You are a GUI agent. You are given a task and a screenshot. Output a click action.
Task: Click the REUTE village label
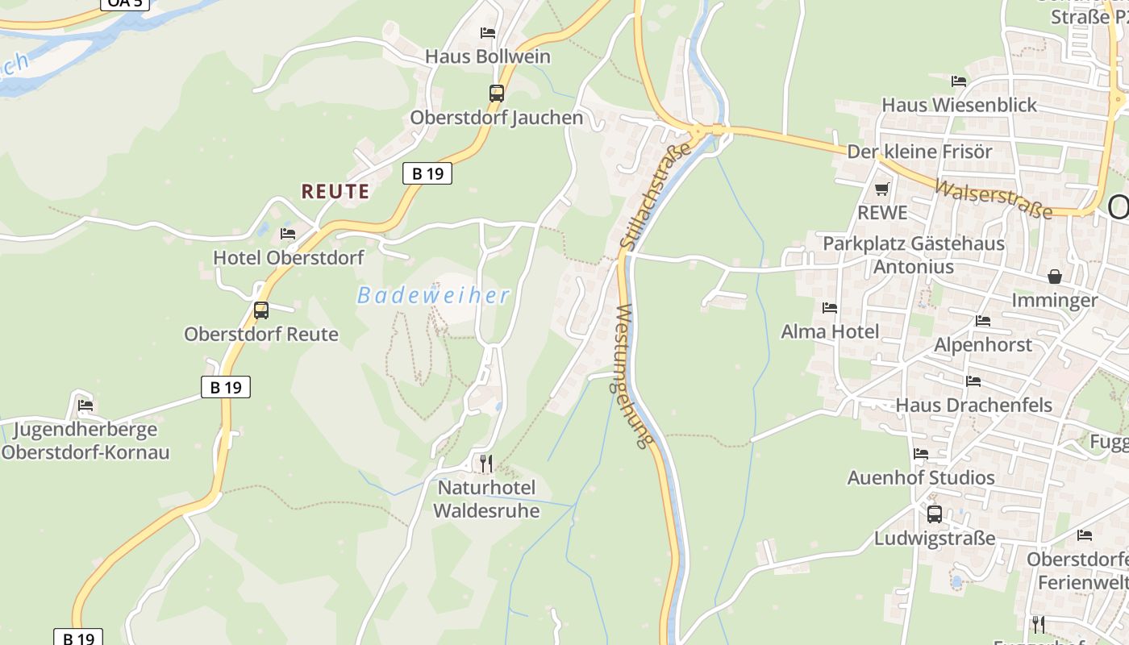click(x=335, y=192)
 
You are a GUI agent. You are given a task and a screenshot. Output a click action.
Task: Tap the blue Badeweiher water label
click(x=434, y=296)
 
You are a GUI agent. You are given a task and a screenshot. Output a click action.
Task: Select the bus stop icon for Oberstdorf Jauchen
click(x=496, y=94)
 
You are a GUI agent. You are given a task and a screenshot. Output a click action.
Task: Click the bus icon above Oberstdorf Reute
click(x=260, y=310)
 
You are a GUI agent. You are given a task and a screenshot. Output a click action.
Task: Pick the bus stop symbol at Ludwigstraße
click(x=934, y=514)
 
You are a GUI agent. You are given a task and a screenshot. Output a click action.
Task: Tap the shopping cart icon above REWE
click(x=881, y=189)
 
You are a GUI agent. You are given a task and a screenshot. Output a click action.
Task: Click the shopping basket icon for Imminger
click(x=1054, y=277)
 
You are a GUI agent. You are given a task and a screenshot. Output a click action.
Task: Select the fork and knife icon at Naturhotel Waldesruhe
click(x=485, y=464)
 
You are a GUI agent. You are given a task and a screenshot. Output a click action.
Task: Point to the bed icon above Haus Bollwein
click(x=487, y=33)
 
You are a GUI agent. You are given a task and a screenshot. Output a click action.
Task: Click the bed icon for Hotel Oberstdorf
click(x=287, y=234)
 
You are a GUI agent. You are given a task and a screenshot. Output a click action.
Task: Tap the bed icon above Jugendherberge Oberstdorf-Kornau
click(x=85, y=405)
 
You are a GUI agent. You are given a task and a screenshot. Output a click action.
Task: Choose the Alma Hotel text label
click(x=830, y=331)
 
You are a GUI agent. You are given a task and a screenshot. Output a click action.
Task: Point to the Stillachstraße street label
click(x=656, y=195)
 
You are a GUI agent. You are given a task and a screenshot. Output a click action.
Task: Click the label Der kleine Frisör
click(x=919, y=152)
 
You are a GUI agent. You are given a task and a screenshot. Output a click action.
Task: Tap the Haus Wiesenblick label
click(x=959, y=105)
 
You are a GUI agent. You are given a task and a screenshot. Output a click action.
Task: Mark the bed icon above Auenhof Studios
click(x=920, y=454)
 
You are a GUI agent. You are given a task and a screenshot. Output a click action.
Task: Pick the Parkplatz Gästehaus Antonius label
click(x=913, y=255)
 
